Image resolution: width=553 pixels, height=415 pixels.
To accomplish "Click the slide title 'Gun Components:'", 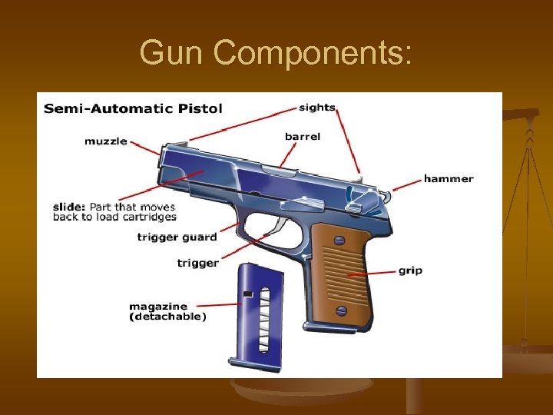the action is coord(276,52).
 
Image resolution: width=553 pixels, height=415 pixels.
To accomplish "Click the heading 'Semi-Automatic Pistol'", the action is coord(133,108).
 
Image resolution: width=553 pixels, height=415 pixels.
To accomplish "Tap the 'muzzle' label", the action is coord(106,141).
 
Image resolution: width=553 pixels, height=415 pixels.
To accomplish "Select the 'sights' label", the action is coord(317,107).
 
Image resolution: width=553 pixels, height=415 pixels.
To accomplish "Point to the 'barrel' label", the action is coord(303,137).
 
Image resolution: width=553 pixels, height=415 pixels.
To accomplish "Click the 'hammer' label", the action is coord(449,179).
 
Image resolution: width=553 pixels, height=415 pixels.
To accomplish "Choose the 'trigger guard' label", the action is coord(177,237).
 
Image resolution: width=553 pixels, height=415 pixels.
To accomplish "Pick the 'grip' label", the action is coord(409,271).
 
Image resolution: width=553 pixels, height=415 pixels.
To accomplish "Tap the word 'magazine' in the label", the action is coord(157,306).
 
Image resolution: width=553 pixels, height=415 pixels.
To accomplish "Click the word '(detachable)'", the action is coord(167,317).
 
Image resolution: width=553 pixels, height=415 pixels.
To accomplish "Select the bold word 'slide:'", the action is coord(69,207).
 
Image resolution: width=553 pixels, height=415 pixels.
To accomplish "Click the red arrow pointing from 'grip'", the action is coord(372,273).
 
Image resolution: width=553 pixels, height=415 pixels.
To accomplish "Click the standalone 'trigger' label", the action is coord(197,263).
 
